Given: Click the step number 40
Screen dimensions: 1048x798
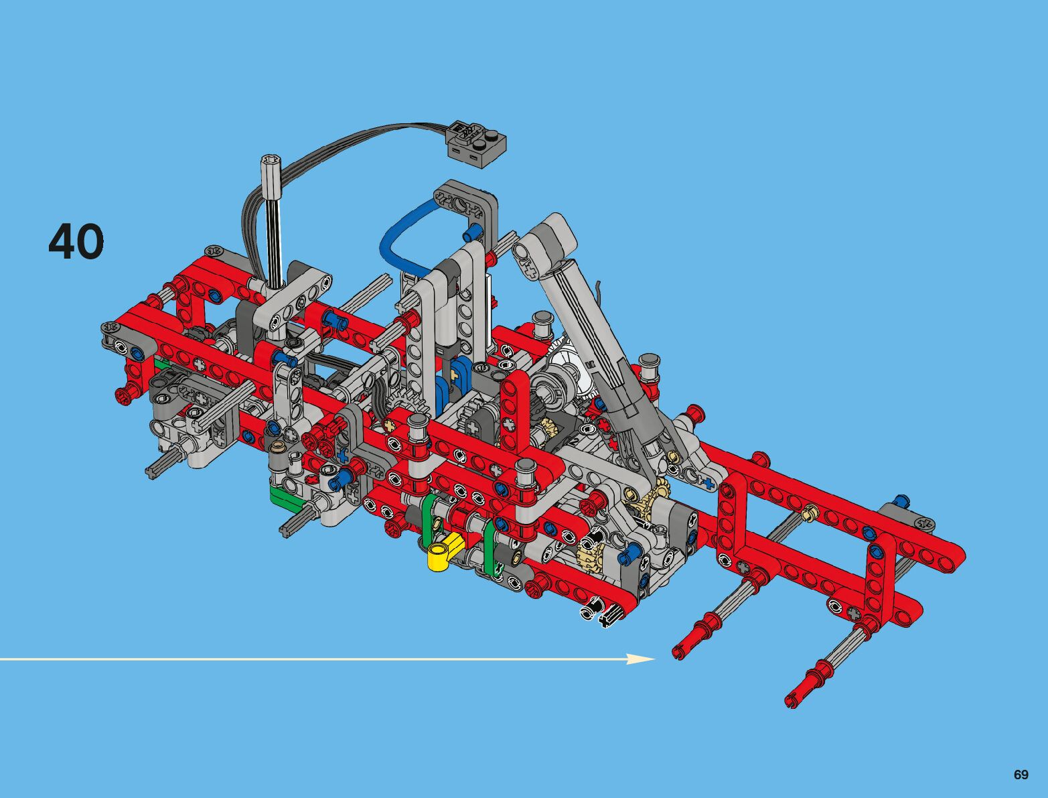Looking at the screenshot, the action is pyautogui.click(x=76, y=242).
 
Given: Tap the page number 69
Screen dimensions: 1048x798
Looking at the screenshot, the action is pyautogui.click(x=1021, y=774).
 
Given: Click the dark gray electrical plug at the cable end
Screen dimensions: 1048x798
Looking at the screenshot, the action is pyautogui.click(x=477, y=144).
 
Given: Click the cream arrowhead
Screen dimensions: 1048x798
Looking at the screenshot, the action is pyautogui.click(x=642, y=659).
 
